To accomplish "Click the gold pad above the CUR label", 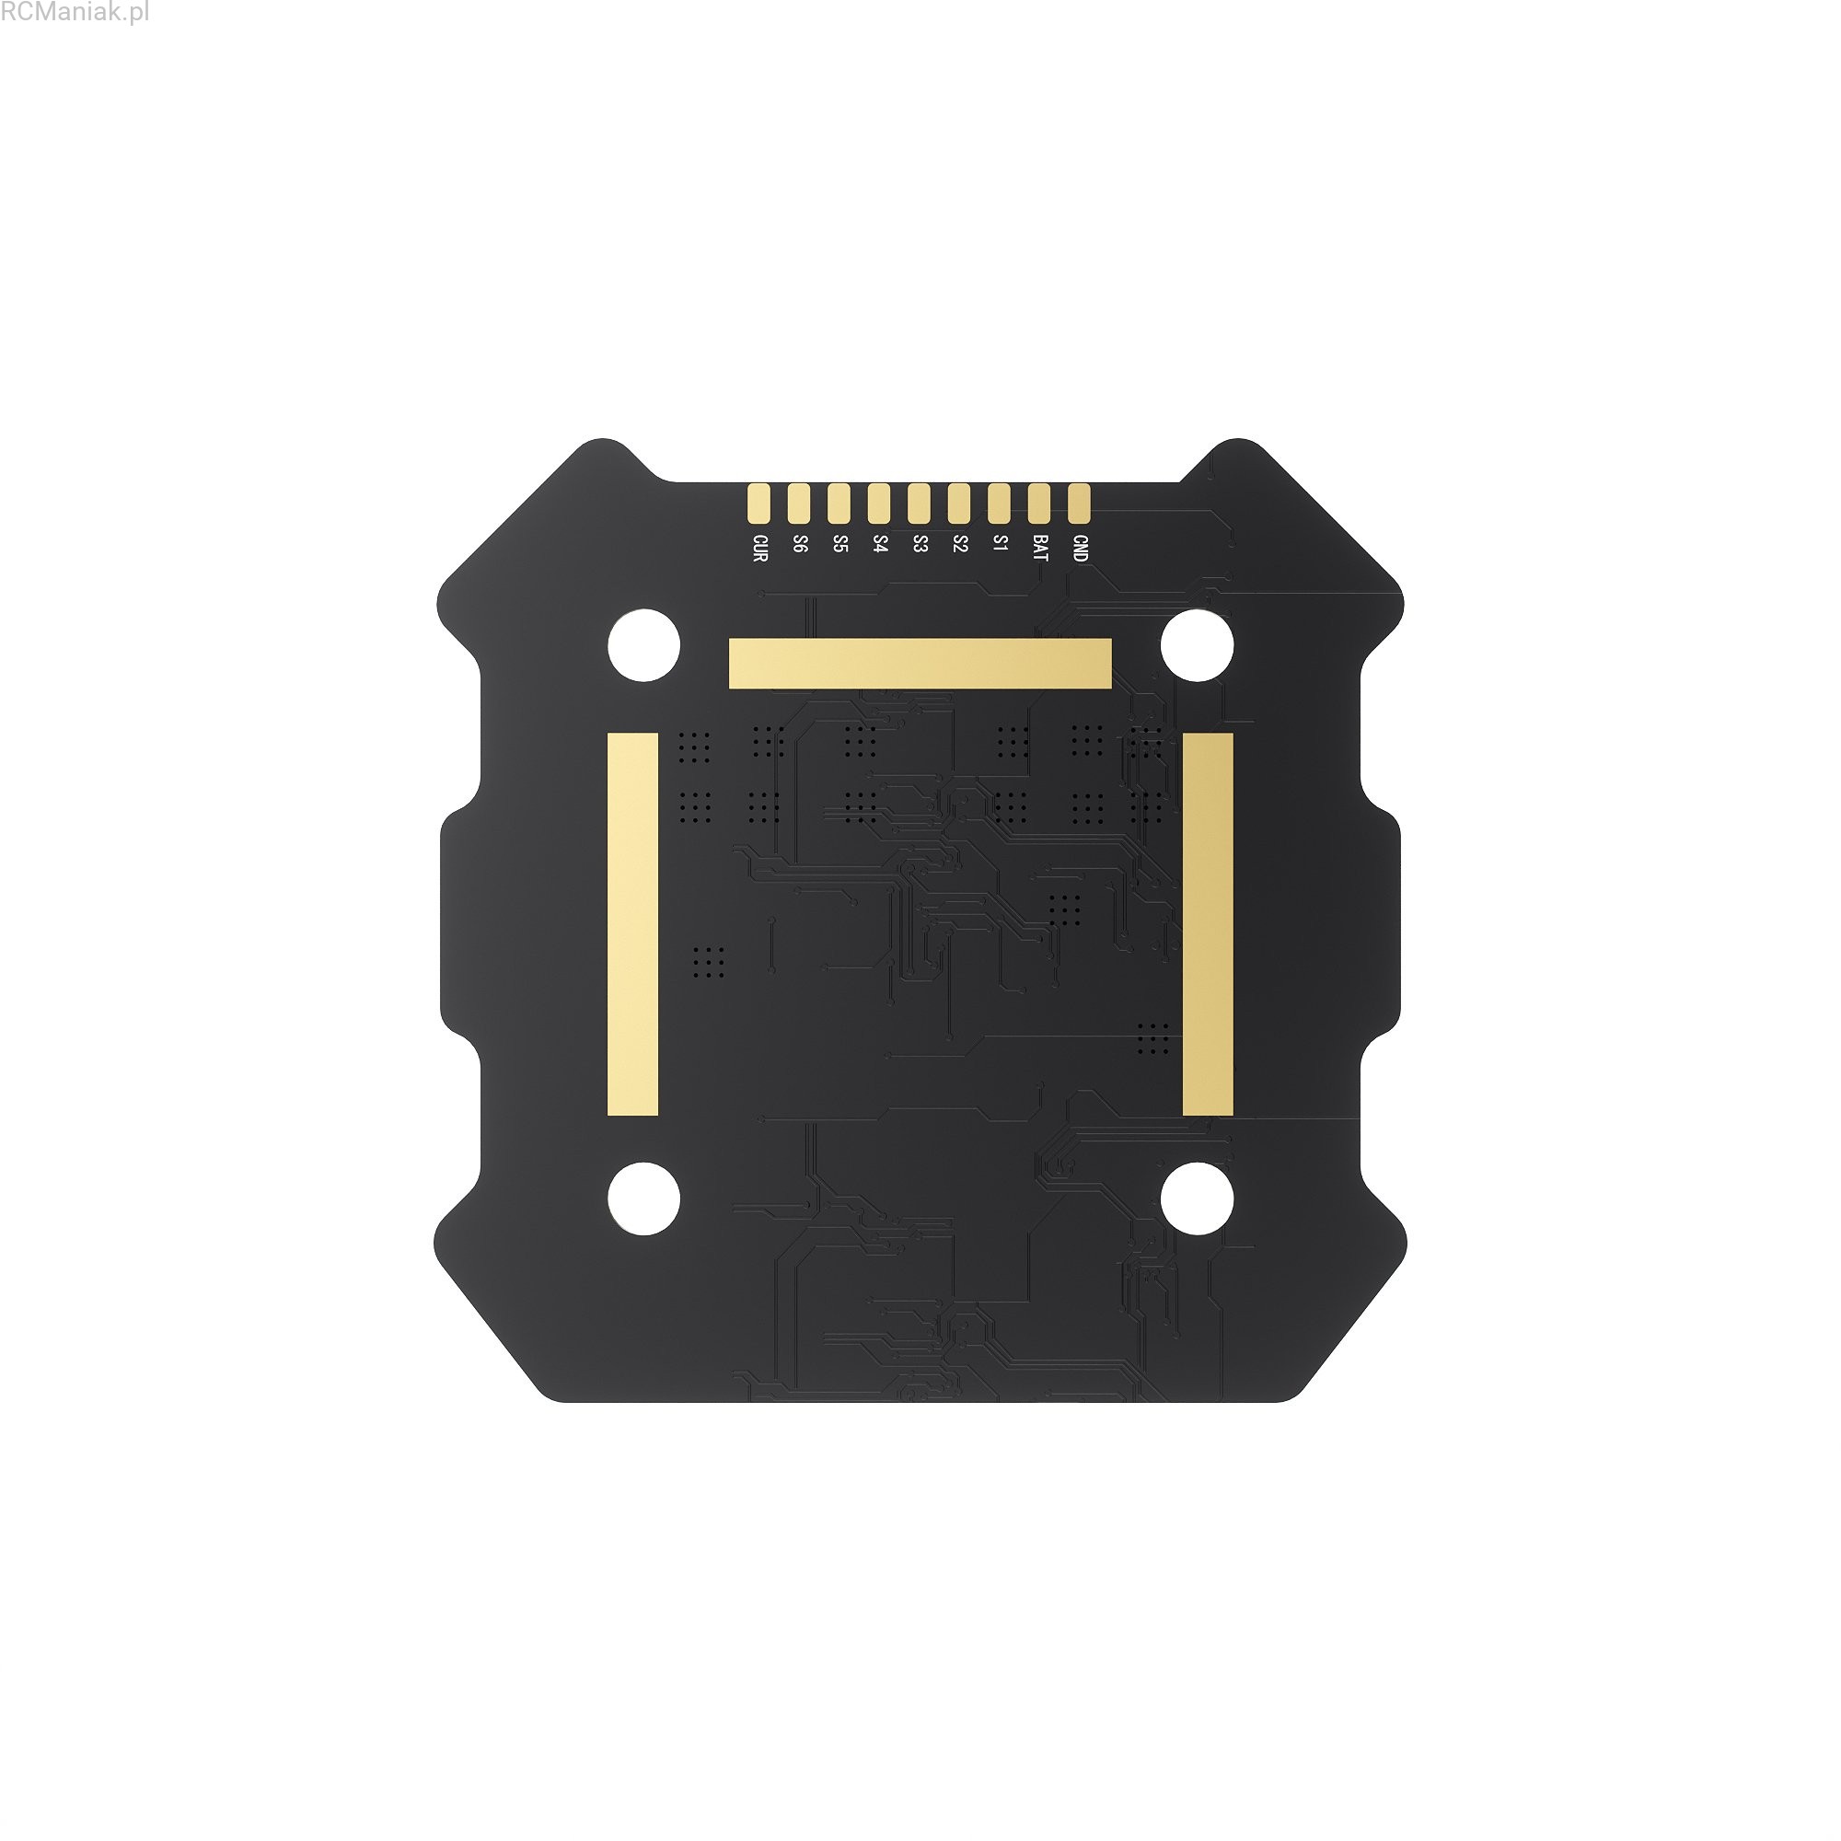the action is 758,504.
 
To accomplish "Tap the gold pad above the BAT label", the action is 1038,504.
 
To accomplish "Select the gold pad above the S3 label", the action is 919,504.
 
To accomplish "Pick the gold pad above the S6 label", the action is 798,504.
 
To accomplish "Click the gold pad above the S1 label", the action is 999,504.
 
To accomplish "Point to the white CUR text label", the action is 759,548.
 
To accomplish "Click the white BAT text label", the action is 1039,548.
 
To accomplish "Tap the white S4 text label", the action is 879,544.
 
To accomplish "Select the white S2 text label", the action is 959,544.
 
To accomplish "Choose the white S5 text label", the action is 839,544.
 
